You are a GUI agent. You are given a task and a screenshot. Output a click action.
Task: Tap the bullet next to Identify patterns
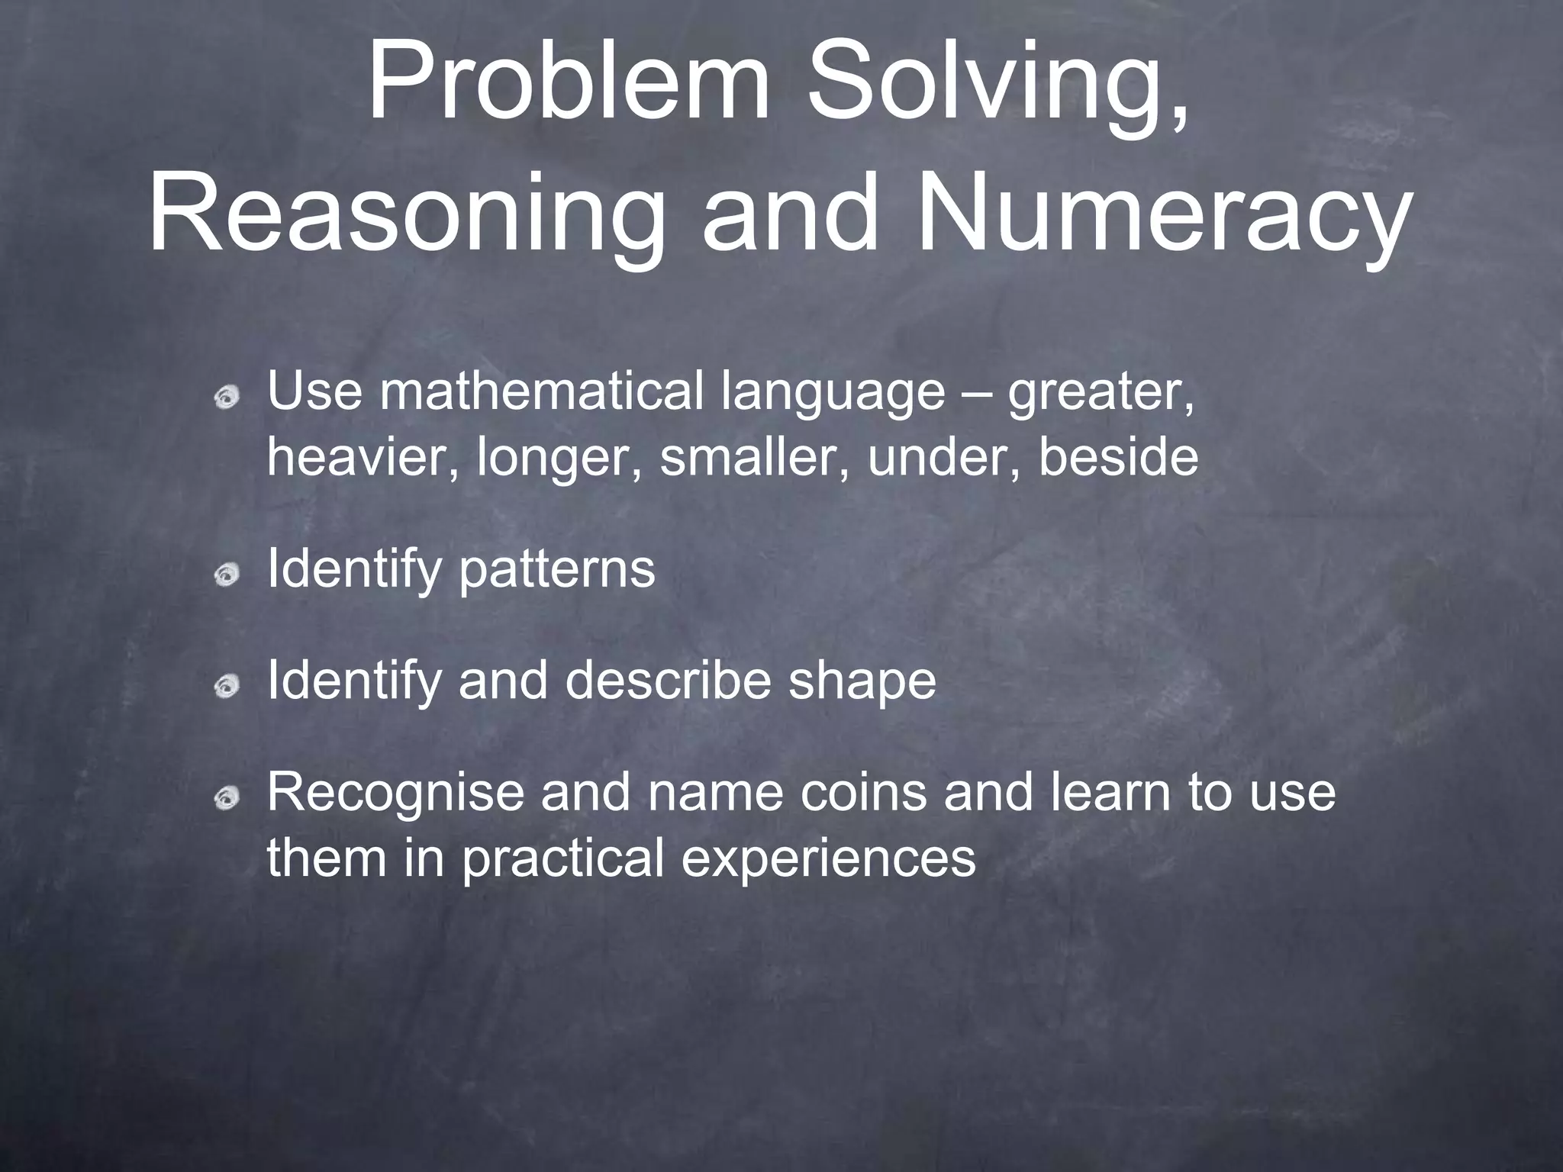(x=227, y=575)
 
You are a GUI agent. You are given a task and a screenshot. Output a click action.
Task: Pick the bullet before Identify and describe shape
(x=227, y=687)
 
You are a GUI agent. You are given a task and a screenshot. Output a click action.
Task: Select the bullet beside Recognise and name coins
(x=227, y=798)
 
